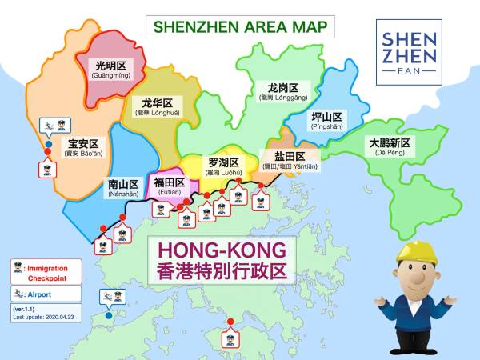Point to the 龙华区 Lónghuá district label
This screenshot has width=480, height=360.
coord(157,107)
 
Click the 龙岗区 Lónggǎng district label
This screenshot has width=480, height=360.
coord(284,90)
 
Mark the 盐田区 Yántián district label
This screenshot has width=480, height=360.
coord(289,160)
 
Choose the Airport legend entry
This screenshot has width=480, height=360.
coord(46,294)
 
